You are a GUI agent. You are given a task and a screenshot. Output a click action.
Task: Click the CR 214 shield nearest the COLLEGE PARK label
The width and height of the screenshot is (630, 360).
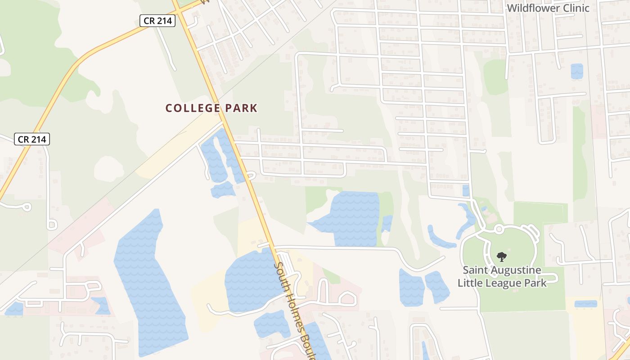157,21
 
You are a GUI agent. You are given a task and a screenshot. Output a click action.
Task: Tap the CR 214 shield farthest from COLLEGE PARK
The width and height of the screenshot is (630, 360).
31,139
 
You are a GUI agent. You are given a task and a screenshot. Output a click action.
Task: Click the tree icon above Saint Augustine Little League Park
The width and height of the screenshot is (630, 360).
501,257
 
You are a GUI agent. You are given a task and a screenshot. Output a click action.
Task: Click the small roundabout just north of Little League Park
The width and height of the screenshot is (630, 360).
499,230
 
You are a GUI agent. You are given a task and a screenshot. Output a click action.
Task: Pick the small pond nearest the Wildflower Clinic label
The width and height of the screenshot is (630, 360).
576,71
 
